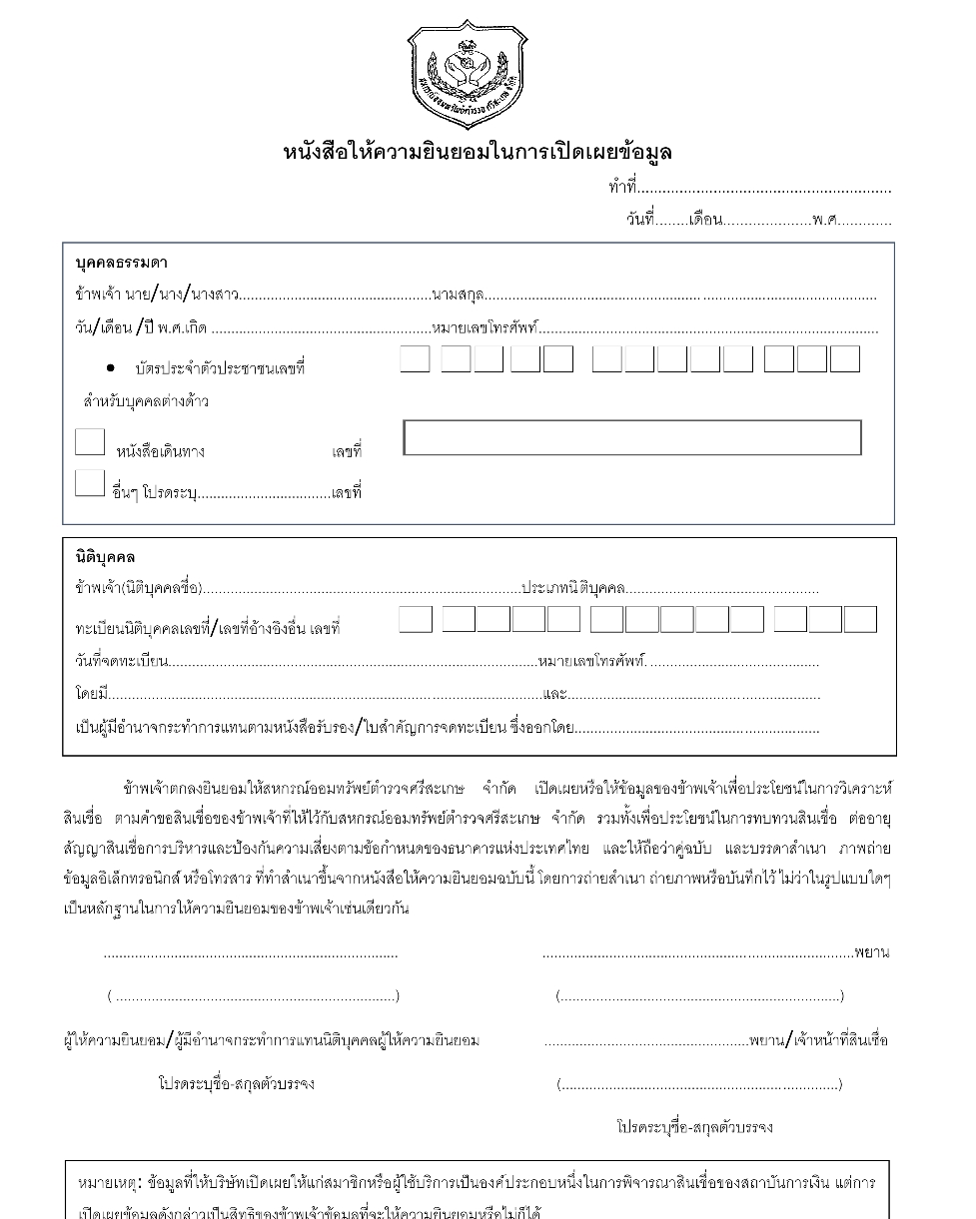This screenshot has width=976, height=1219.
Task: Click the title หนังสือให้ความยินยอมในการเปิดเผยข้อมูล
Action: click(x=478, y=153)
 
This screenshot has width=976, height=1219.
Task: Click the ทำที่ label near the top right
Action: click(x=621, y=188)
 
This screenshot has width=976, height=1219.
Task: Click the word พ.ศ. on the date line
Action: click(x=825, y=220)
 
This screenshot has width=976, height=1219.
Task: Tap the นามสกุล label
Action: click(x=458, y=296)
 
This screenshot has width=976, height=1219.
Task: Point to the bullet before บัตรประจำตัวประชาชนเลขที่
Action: click(x=110, y=368)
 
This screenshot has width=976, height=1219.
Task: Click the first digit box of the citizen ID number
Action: click(x=415, y=359)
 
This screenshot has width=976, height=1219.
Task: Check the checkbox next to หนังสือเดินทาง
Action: click(x=90, y=442)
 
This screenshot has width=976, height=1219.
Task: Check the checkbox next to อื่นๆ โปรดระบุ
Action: click(x=90, y=483)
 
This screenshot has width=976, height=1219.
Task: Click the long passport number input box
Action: click(x=631, y=438)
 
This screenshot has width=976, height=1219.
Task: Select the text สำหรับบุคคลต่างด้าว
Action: click(x=145, y=402)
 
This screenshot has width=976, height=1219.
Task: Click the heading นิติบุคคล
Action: click(x=105, y=557)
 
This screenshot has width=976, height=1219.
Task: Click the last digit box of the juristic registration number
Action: click(x=860, y=620)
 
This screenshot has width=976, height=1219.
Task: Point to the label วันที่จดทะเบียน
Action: click(x=122, y=661)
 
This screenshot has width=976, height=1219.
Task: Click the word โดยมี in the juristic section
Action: click(x=91, y=694)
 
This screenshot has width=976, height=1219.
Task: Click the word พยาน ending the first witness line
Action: click(x=871, y=952)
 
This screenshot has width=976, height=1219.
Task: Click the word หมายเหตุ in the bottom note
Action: click(x=108, y=1183)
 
